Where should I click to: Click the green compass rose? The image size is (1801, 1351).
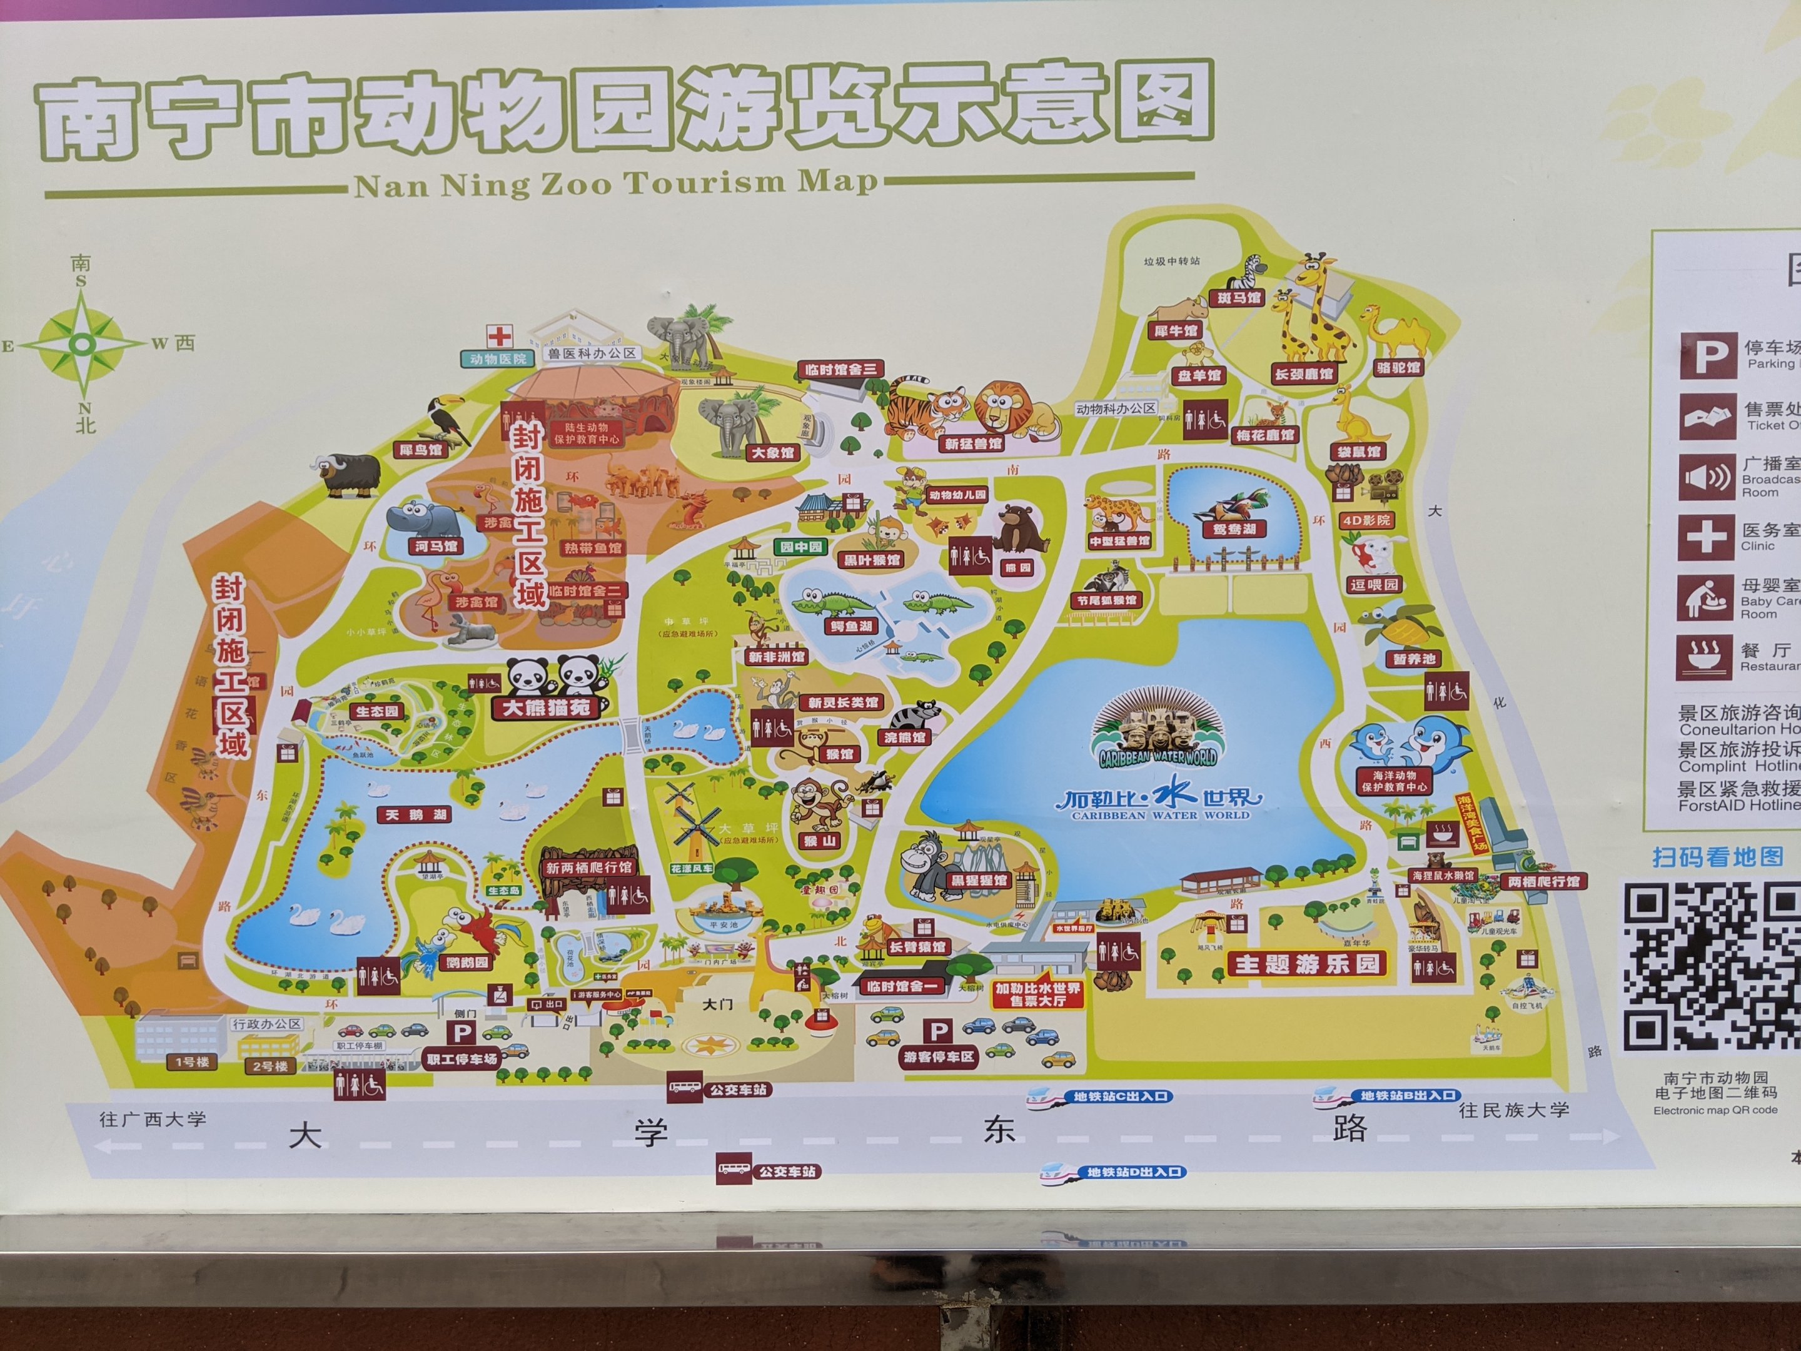(81, 345)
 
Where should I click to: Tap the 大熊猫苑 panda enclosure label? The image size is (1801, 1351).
(545, 707)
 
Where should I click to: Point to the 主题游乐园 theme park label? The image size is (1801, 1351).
(1307, 964)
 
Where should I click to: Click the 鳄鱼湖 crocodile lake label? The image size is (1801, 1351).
(851, 626)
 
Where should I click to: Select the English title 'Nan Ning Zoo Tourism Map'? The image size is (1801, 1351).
(617, 184)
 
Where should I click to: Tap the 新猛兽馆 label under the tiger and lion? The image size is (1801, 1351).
(973, 445)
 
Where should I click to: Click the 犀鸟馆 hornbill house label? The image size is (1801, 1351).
(420, 450)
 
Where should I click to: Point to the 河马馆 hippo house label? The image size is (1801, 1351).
(436, 545)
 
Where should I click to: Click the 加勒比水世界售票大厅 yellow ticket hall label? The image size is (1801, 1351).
(1038, 994)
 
